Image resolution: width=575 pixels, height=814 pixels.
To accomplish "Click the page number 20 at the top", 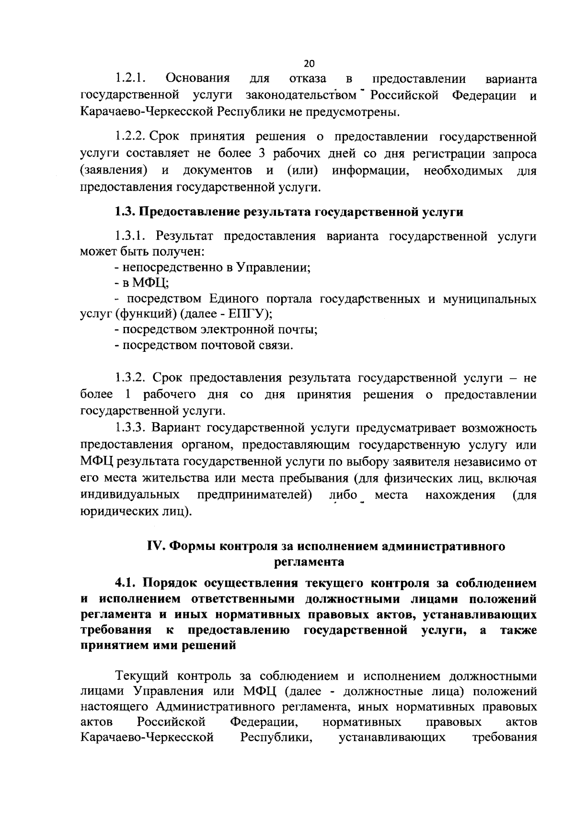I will coord(309,64).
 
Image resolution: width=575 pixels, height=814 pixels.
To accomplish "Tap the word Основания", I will coord(197,78).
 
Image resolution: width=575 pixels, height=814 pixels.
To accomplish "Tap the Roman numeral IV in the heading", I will coord(156,547).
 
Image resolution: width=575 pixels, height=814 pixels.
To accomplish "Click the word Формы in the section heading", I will coord(192,547).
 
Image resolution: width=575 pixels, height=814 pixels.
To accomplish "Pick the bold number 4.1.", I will coord(126,583).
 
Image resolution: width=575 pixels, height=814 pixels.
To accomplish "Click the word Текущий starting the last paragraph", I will coord(142,676).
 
